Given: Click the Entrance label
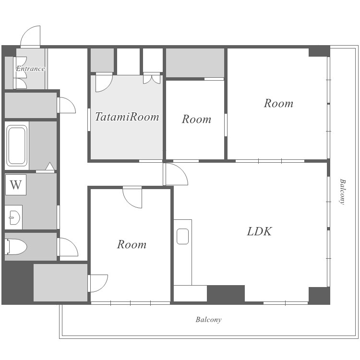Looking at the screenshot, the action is [x=30, y=69].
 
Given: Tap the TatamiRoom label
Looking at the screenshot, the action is [x=127, y=117].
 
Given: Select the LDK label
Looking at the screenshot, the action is [x=259, y=231].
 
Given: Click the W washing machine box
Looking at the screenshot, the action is [x=16, y=185].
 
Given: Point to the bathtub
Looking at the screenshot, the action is [x=17, y=145].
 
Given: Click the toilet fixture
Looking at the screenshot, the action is [x=16, y=247].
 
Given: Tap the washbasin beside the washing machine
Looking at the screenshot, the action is [x=13, y=217].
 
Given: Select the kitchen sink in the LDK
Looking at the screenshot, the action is [x=183, y=236].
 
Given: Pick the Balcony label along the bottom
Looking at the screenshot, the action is [x=208, y=320].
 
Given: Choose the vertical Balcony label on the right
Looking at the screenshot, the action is [x=342, y=192].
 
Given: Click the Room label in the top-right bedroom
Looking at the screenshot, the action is [x=278, y=103].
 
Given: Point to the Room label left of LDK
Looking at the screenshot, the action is [x=132, y=244].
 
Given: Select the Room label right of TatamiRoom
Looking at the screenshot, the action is [x=196, y=119].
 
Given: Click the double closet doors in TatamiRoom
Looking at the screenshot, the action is [x=152, y=79].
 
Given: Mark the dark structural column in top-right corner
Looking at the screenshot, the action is [x=319, y=51].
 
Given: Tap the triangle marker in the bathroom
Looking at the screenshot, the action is [x=50, y=166].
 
